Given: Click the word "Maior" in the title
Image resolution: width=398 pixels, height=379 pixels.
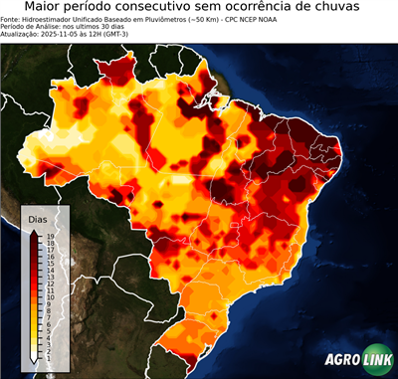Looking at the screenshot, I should point(46,8).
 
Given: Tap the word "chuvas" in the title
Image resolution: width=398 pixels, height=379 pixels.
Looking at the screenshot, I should point(348,8).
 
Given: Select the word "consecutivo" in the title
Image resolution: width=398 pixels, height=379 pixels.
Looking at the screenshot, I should point(188,8).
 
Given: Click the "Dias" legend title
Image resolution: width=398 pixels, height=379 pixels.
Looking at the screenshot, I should point(39,219).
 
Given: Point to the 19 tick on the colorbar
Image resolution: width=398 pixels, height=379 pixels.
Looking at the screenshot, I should point(49,237).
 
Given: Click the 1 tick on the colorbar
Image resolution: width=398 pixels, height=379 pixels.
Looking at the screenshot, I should point(49,356).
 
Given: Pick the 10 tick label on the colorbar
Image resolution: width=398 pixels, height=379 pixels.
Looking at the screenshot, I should point(49,296).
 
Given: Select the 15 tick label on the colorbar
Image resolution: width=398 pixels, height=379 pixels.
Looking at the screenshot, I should point(49,264).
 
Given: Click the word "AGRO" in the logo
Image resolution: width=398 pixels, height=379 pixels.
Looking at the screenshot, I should point(342,361).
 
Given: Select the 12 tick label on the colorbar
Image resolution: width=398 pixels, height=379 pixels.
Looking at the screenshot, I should point(49,284).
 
